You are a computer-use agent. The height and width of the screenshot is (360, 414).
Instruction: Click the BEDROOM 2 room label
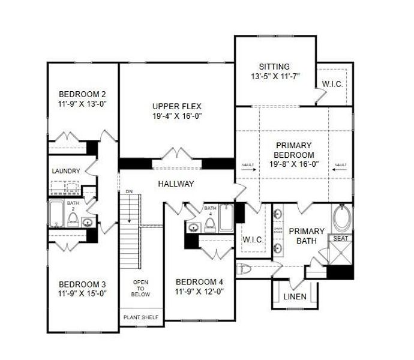pos(82,94)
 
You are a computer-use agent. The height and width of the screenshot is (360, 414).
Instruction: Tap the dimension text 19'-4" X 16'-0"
pos(176,116)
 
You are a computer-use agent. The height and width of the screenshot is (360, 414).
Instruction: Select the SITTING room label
pos(274,67)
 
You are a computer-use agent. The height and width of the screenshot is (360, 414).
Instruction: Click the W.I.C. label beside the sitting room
pos(332,85)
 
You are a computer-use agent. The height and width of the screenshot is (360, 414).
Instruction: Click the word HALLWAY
pos(176,184)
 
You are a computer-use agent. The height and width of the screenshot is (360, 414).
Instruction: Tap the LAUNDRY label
pos(66,171)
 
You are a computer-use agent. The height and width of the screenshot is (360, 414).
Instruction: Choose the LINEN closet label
pos(295,297)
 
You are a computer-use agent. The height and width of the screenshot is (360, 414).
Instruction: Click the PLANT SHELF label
pos(140,317)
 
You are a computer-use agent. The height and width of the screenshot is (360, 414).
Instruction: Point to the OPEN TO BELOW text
pos(140,289)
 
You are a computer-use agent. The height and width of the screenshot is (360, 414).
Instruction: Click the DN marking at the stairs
pos(128,192)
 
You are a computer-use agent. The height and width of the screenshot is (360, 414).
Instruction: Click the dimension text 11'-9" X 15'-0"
pos(82,293)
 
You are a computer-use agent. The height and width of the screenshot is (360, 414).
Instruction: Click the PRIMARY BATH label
pos(307,236)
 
